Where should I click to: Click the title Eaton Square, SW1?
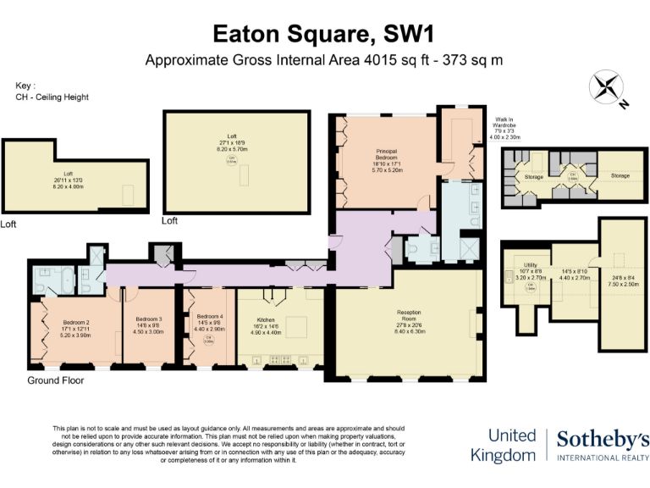[x=324, y=34]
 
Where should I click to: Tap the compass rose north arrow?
[x=607, y=89]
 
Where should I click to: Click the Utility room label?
[x=532, y=265]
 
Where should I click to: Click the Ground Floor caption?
[x=56, y=380]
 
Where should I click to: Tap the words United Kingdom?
[x=514, y=445]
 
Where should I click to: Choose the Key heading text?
[x=25, y=86]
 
